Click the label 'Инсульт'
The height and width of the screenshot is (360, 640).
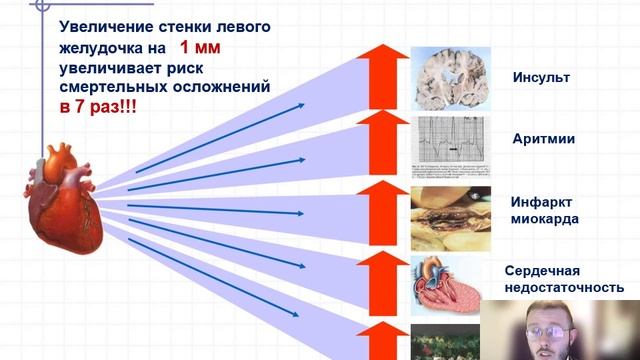[541, 77]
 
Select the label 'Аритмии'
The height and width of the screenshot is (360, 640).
[541, 141]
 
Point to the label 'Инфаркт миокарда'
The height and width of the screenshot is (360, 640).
[543, 210]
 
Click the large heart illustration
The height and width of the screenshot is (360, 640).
[63, 199]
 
